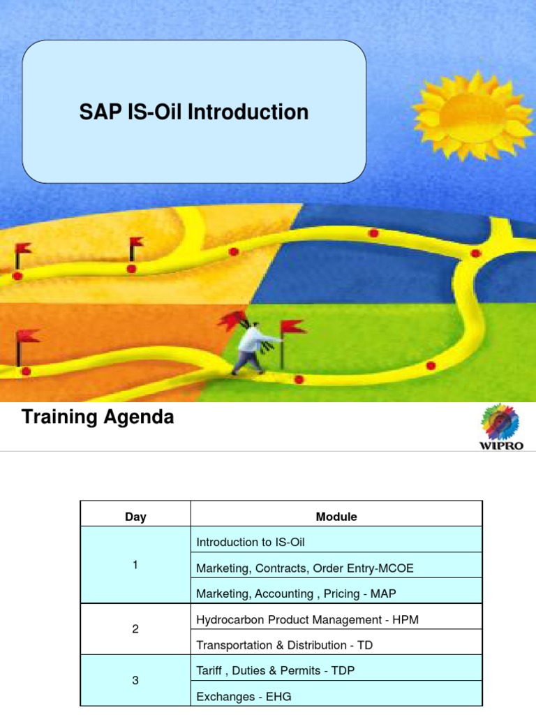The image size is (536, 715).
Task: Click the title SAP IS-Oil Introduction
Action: point(194,112)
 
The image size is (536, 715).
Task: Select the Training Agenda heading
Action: point(98,418)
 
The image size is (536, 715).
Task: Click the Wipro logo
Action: point(500,429)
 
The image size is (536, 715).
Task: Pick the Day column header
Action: point(135,517)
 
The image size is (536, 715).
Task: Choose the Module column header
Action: point(336,517)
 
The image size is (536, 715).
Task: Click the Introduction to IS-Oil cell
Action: point(251,542)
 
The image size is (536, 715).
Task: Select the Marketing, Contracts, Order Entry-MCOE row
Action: point(305,568)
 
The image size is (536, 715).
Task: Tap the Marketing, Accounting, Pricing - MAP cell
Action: point(295,593)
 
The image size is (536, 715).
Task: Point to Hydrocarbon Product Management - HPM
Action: point(307,619)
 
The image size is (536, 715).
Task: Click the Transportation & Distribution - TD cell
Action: point(285,644)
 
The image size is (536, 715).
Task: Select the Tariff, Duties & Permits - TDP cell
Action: point(276,670)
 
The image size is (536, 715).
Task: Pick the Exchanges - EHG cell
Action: point(244,696)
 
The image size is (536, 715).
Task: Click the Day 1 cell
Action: point(135,566)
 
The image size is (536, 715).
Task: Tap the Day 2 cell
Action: point(135,629)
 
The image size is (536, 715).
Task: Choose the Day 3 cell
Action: point(135,681)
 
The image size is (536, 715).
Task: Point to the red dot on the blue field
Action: point(373,233)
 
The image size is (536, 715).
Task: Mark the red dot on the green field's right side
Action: point(431,365)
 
